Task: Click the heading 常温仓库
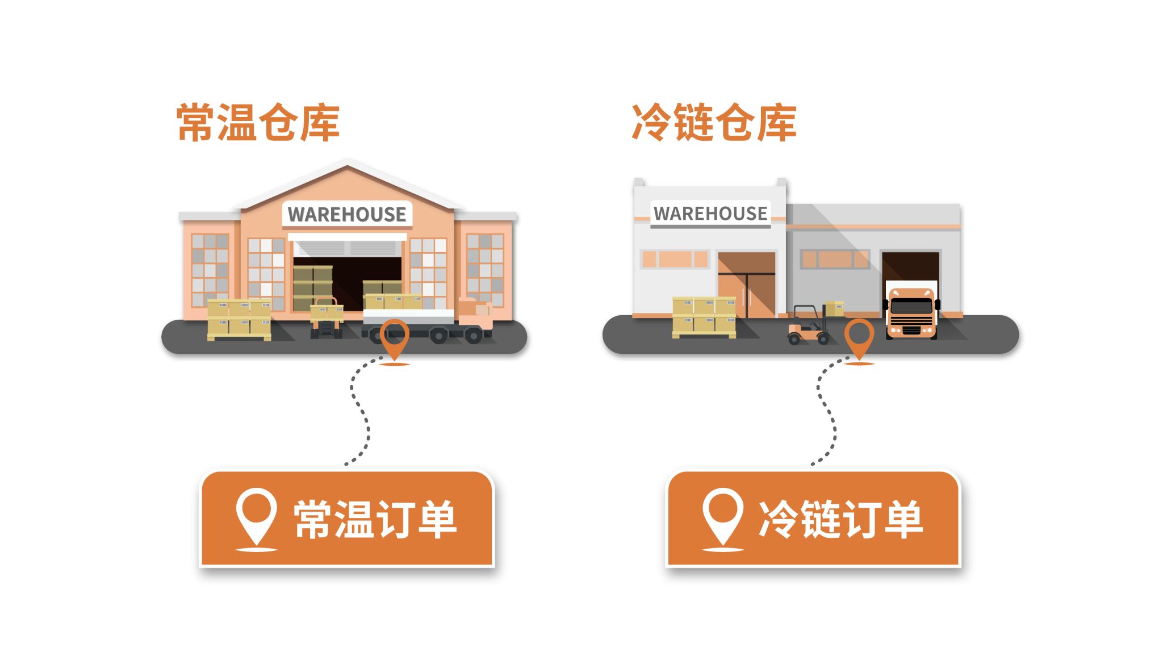pyautogui.click(x=258, y=122)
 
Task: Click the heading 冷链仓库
pyautogui.click(x=714, y=122)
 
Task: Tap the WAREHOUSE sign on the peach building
pyautogui.click(x=347, y=214)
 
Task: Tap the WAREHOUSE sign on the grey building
pyautogui.click(x=710, y=214)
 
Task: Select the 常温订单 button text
pyautogui.click(x=375, y=519)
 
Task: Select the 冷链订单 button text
pyautogui.click(x=841, y=519)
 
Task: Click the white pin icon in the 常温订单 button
pyautogui.click(x=257, y=516)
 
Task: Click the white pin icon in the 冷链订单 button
pyautogui.click(x=723, y=516)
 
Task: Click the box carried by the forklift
pyautogui.click(x=835, y=308)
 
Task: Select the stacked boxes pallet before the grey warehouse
pyautogui.click(x=704, y=316)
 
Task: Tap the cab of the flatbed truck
pyautogui.click(x=474, y=312)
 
